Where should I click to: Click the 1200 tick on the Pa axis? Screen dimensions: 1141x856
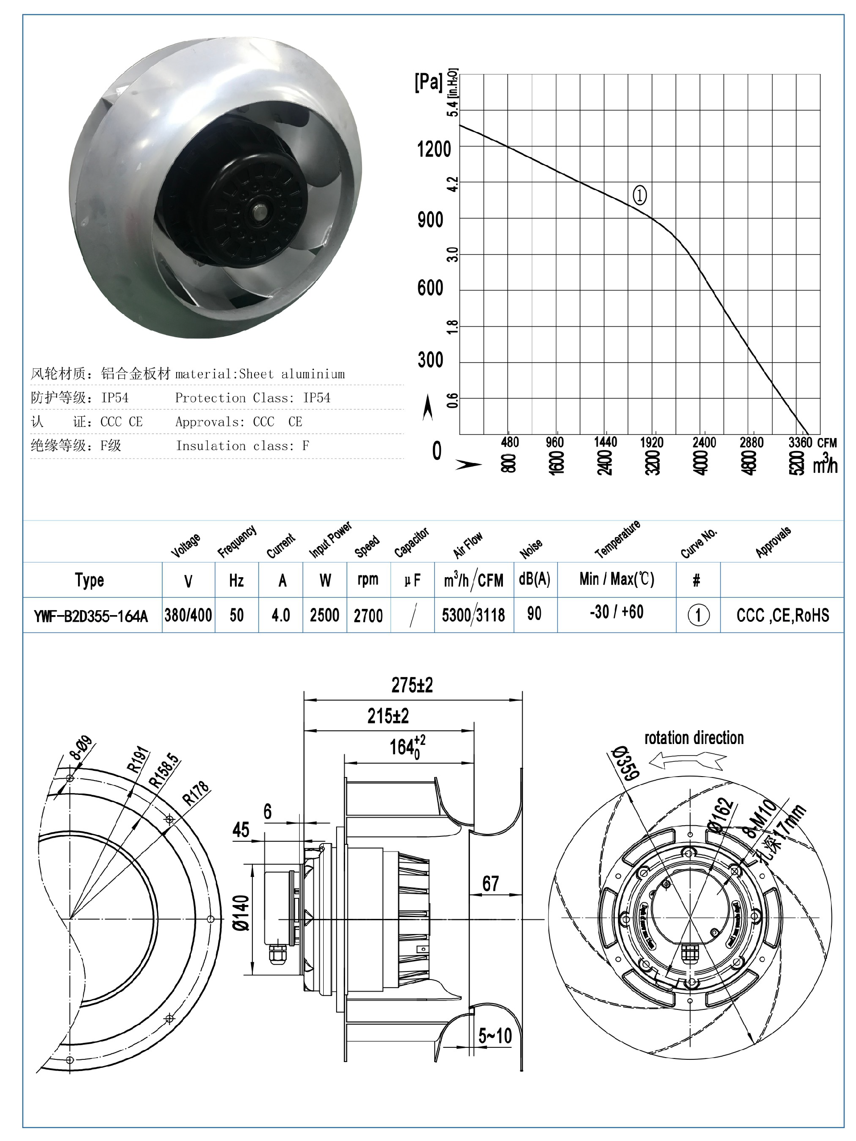(x=434, y=149)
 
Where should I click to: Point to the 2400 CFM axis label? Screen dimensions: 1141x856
(x=704, y=442)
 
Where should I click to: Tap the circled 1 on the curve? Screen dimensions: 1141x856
(x=639, y=195)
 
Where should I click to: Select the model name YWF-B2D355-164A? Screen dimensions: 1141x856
(x=91, y=616)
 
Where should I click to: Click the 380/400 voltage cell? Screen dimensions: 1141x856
(x=188, y=615)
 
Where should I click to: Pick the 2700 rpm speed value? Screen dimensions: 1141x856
(x=368, y=615)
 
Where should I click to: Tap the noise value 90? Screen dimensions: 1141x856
(x=534, y=613)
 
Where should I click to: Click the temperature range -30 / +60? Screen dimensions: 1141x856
(x=617, y=612)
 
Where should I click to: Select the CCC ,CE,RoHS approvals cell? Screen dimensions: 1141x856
(x=782, y=615)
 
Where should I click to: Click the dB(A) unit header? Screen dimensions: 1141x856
(x=534, y=579)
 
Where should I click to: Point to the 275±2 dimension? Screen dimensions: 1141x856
(x=412, y=685)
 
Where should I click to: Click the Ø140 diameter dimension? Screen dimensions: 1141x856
(x=241, y=913)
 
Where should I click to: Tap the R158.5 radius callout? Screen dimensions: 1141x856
(x=164, y=771)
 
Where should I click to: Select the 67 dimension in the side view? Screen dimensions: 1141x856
(x=490, y=883)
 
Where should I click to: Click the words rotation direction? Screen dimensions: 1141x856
(x=694, y=738)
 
